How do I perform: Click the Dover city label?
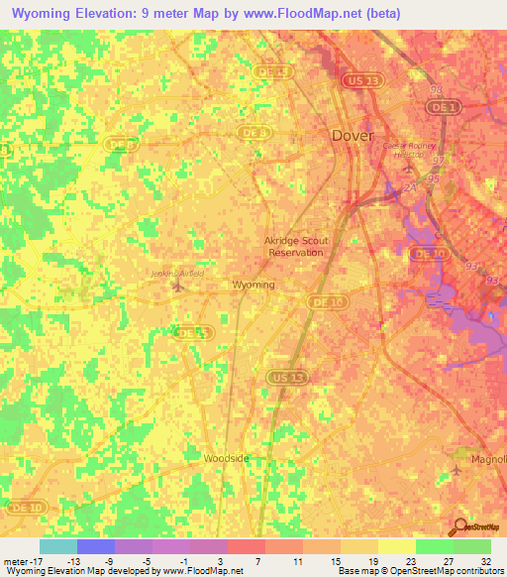point(352,134)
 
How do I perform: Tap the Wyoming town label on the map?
point(253,285)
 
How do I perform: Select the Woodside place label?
point(226,459)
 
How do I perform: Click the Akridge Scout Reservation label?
point(296,246)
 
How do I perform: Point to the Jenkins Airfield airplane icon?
point(178,288)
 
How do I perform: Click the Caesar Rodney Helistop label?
point(403,150)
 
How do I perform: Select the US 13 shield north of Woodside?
point(281,376)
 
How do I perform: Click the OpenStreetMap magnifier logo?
point(460,526)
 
